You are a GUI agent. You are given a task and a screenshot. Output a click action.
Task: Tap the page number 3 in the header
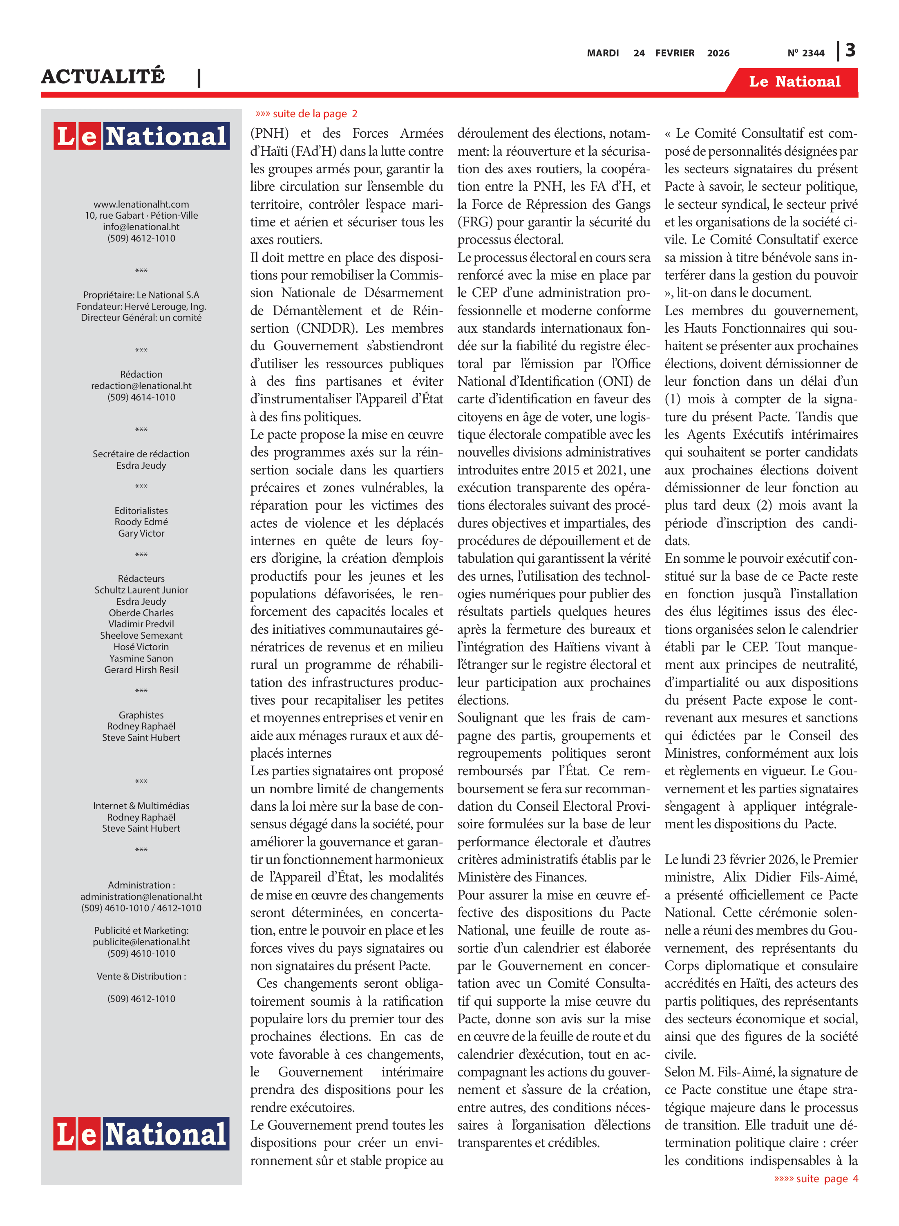pyautogui.click(x=850, y=51)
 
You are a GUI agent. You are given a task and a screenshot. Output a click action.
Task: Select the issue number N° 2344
pyautogui.click(x=805, y=53)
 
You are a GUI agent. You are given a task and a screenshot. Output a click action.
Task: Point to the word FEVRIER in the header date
pyautogui.click(x=674, y=53)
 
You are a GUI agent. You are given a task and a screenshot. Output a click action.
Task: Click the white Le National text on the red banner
pyautogui.click(x=794, y=82)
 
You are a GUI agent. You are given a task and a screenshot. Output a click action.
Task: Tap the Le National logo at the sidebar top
pyautogui.click(x=141, y=136)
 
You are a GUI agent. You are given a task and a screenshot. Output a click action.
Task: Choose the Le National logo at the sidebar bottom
pyautogui.click(x=141, y=1134)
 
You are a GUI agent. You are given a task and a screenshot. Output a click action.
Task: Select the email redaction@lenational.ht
pyautogui.click(x=141, y=386)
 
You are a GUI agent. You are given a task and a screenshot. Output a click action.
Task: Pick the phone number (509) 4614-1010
pyautogui.click(x=141, y=397)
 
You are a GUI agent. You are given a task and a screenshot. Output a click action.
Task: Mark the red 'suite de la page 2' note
pyautogui.click(x=307, y=114)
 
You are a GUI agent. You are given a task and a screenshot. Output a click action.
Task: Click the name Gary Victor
pyautogui.click(x=141, y=533)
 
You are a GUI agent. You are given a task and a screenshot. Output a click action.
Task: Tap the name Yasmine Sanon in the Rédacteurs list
pyautogui.click(x=141, y=658)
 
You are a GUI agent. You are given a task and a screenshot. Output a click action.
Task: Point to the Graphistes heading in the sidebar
pyautogui.click(x=141, y=715)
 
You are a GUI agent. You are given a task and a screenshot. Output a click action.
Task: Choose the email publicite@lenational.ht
pyautogui.click(x=141, y=942)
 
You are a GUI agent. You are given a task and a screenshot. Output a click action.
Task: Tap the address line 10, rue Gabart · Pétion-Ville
pyautogui.click(x=141, y=215)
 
